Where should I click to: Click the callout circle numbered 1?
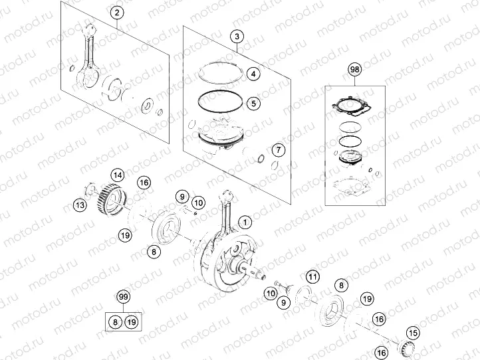pos(245,222)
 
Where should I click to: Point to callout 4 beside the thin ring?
pos(253,74)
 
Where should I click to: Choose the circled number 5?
pos(253,103)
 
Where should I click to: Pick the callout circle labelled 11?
pos(312,277)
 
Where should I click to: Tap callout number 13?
pos(79,205)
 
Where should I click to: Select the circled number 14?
pos(117,175)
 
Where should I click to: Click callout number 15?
pos(414,333)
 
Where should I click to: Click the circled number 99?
pos(122,296)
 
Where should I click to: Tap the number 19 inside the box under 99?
pos(132,322)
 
